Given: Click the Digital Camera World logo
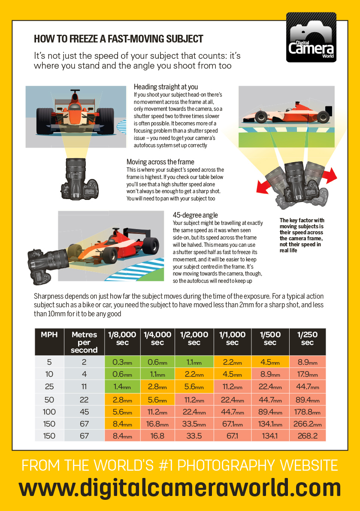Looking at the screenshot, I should pos(311,38).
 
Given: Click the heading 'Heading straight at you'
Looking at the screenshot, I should pos(166,87).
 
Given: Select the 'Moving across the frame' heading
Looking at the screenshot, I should pos(160,162).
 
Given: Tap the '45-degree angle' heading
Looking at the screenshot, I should pos(195,215).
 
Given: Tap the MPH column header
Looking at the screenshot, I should pos(49,335).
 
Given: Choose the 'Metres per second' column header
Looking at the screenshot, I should pos(84,342).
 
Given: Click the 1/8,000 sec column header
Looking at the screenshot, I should pos(122,339).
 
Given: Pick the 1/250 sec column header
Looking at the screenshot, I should pos(307,339).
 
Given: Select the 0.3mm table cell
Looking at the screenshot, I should pos(122,362).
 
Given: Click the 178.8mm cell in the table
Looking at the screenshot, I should pos(307,411).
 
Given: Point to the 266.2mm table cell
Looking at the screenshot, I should pos(307,424).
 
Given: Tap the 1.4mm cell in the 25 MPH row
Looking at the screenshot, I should pos(122,387).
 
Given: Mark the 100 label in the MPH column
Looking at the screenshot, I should pos(49,411).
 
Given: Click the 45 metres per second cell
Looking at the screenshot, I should pos(84,411).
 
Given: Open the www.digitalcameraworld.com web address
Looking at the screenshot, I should pos(180,488).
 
